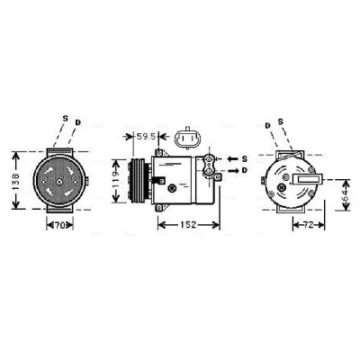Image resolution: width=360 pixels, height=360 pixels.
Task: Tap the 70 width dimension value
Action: pyautogui.click(x=60, y=225)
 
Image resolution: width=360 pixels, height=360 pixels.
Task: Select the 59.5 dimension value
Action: pyautogui.click(x=146, y=137)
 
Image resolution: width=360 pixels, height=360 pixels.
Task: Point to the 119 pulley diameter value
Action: pyautogui.click(x=116, y=181)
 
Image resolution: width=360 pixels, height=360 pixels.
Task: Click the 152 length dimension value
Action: pyautogui.click(x=189, y=224)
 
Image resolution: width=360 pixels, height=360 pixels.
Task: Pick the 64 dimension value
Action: pyautogui.click(x=346, y=195)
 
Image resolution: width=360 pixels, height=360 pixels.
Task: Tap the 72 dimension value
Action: pyautogui.click(x=309, y=224)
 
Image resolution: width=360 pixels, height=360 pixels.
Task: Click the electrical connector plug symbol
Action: pyautogui.click(x=187, y=138)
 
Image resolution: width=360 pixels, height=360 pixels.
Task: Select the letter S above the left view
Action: pyautogui.click(x=66, y=118)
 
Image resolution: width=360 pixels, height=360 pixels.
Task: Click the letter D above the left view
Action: pyautogui.click(x=77, y=122)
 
